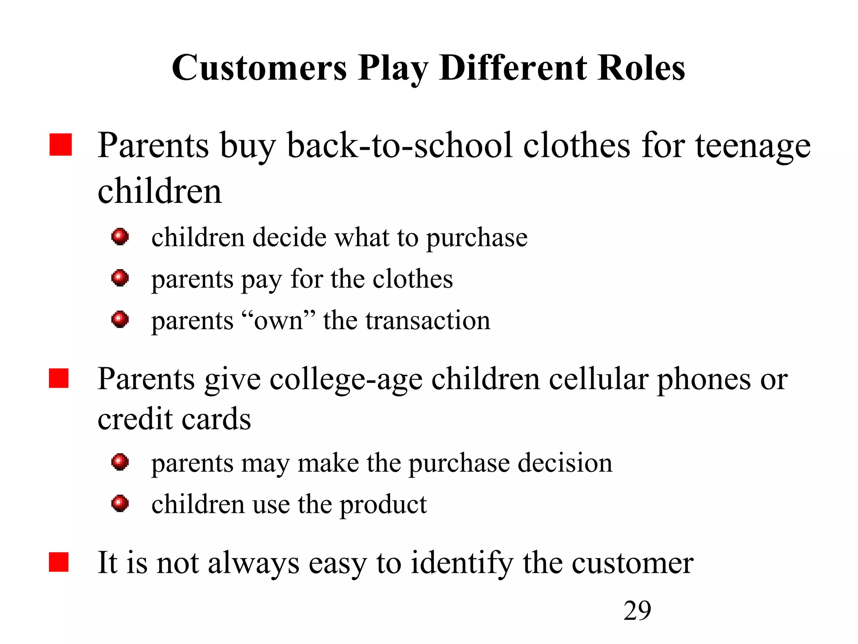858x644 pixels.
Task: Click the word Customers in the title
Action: (259, 68)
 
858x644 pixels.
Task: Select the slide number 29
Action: (637, 610)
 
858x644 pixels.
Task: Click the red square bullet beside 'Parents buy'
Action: (61, 145)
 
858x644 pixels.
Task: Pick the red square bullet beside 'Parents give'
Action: (59, 379)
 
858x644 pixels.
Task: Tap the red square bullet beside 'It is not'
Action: (59, 562)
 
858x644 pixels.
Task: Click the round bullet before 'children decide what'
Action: (120, 237)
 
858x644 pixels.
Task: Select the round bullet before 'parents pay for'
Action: (120, 278)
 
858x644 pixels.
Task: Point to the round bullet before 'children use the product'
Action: (120, 503)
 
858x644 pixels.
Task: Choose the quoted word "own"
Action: (279, 320)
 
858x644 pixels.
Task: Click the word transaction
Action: (428, 320)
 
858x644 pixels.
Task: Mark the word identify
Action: (462, 563)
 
